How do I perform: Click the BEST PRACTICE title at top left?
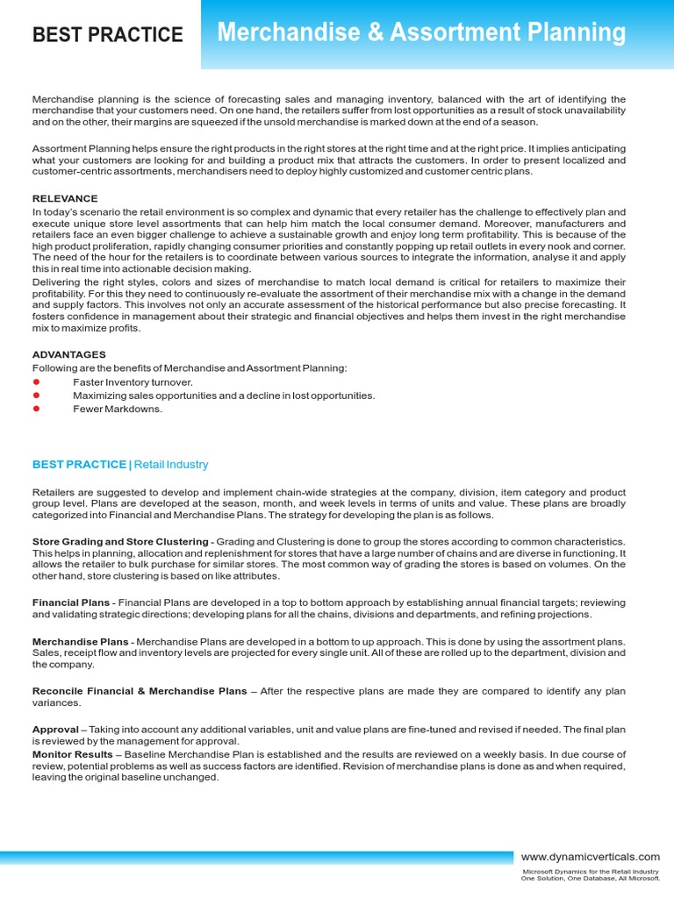pos(107,35)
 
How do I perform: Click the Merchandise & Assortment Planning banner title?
pos(421,33)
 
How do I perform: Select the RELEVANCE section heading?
pos(65,199)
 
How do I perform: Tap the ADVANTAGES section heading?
pos(69,354)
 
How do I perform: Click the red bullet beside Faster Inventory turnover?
pos(37,382)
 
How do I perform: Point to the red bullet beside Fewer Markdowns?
pos(37,409)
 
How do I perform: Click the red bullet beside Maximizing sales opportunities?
pos(37,396)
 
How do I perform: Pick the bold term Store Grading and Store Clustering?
pos(120,542)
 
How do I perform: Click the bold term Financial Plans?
pos(71,602)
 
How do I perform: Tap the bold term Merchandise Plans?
pos(81,642)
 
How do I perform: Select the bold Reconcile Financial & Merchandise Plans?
pos(140,691)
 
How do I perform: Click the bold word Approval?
pos(55,730)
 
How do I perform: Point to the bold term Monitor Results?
pos(72,754)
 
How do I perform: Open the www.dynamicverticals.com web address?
pos(590,856)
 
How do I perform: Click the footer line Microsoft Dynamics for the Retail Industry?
pos(591,872)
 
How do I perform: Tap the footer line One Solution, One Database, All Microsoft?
pos(591,879)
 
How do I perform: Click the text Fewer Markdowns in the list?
pos(118,409)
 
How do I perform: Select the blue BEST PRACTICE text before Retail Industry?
pos(79,464)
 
